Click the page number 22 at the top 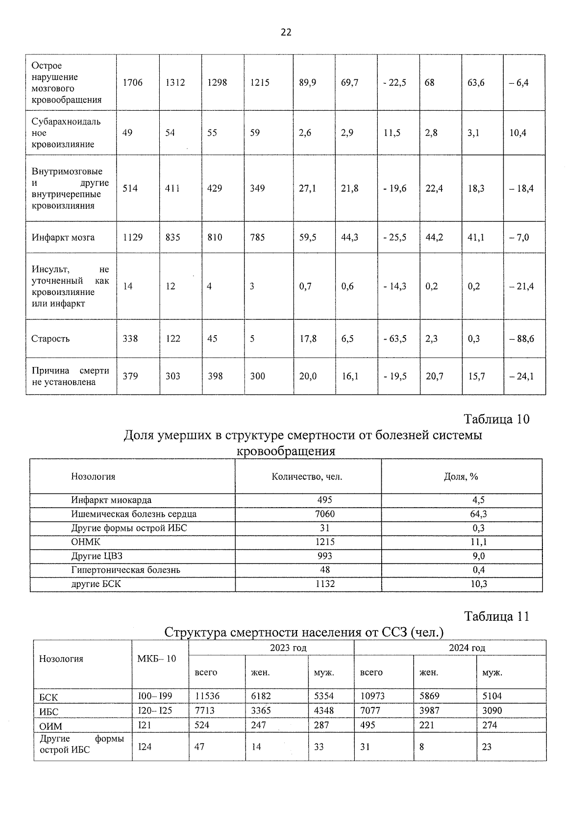286,32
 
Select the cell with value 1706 132,83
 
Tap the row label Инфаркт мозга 63,238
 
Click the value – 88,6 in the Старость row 521,339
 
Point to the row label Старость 50,339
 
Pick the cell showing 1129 132,238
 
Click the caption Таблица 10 496,419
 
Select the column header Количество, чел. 307,476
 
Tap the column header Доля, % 461,476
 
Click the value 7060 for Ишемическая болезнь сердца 325,514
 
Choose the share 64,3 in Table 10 478,514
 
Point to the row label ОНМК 86,542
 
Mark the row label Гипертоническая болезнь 125,570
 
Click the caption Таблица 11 496,616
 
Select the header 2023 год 288,648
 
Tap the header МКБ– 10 157,659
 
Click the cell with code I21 145,725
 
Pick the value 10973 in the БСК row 372,696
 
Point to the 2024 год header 467,648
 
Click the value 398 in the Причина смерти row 215,376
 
